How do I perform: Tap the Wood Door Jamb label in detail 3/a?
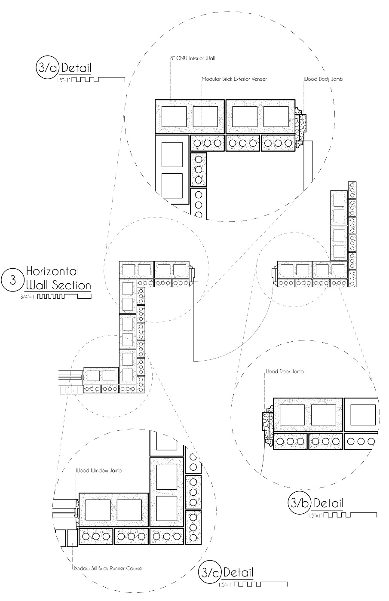click(x=323, y=79)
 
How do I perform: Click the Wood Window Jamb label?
click(x=98, y=471)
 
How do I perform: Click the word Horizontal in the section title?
click(x=52, y=271)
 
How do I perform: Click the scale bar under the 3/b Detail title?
click(x=350, y=514)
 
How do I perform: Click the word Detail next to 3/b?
click(x=329, y=503)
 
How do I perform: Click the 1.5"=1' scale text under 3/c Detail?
click(x=225, y=585)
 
